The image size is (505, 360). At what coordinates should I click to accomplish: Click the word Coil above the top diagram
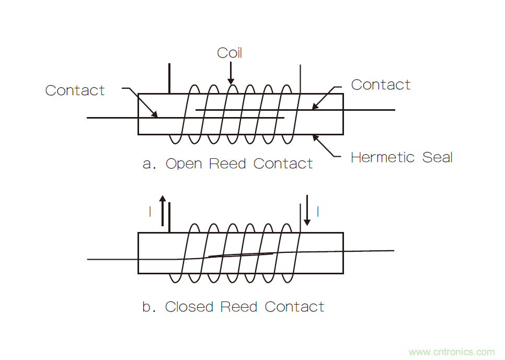click(229, 53)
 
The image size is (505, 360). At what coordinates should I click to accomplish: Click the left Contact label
click(75, 90)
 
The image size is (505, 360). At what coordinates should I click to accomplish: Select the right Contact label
click(381, 85)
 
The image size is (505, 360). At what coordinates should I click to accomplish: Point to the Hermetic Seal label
click(401, 157)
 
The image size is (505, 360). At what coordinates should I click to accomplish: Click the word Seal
click(437, 157)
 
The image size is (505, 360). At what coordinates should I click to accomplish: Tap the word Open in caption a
click(183, 164)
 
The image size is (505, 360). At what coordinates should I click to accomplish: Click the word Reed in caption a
click(227, 164)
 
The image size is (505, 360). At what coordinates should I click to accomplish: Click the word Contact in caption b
click(294, 307)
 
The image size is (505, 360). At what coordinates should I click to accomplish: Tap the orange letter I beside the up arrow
click(150, 212)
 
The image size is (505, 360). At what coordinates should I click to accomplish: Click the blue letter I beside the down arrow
click(318, 212)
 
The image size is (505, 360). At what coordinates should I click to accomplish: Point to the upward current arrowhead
click(163, 200)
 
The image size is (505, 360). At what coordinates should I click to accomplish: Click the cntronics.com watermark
click(451, 352)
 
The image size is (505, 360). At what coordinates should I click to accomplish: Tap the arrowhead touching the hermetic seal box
click(315, 137)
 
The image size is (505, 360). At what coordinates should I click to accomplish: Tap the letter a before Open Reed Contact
click(147, 165)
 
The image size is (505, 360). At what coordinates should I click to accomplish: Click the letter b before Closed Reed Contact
click(147, 307)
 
